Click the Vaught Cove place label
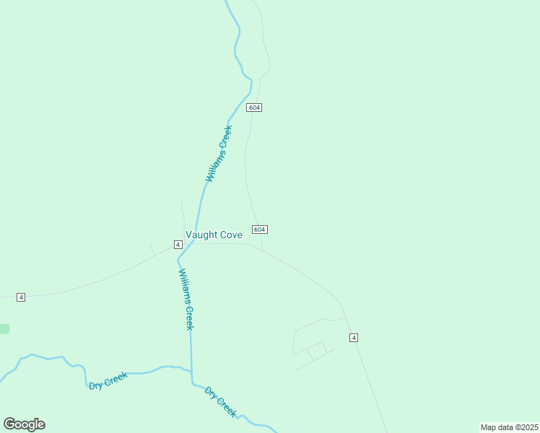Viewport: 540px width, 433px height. [x=214, y=235]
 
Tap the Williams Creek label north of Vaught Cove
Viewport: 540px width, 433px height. [x=219, y=154]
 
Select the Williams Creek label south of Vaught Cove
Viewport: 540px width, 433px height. [x=187, y=299]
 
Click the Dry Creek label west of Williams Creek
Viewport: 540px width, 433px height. [x=108, y=380]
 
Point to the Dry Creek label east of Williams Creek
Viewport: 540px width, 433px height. [x=221, y=402]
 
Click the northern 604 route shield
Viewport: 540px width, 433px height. [x=253, y=108]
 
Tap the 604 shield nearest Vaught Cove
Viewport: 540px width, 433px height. [x=260, y=229]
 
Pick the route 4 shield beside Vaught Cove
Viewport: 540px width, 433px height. [x=178, y=245]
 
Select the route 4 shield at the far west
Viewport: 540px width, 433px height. [x=21, y=297]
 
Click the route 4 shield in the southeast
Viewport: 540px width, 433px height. [x=354, y=338]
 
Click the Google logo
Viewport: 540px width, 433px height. [x=24, y=424]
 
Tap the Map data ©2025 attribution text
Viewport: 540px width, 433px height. [x=509, y=427]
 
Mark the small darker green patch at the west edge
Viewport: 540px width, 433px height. [x=4, y=329]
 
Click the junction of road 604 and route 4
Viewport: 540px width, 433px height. [x=261, y=250]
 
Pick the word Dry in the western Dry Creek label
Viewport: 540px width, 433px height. [x=95, y=385]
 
